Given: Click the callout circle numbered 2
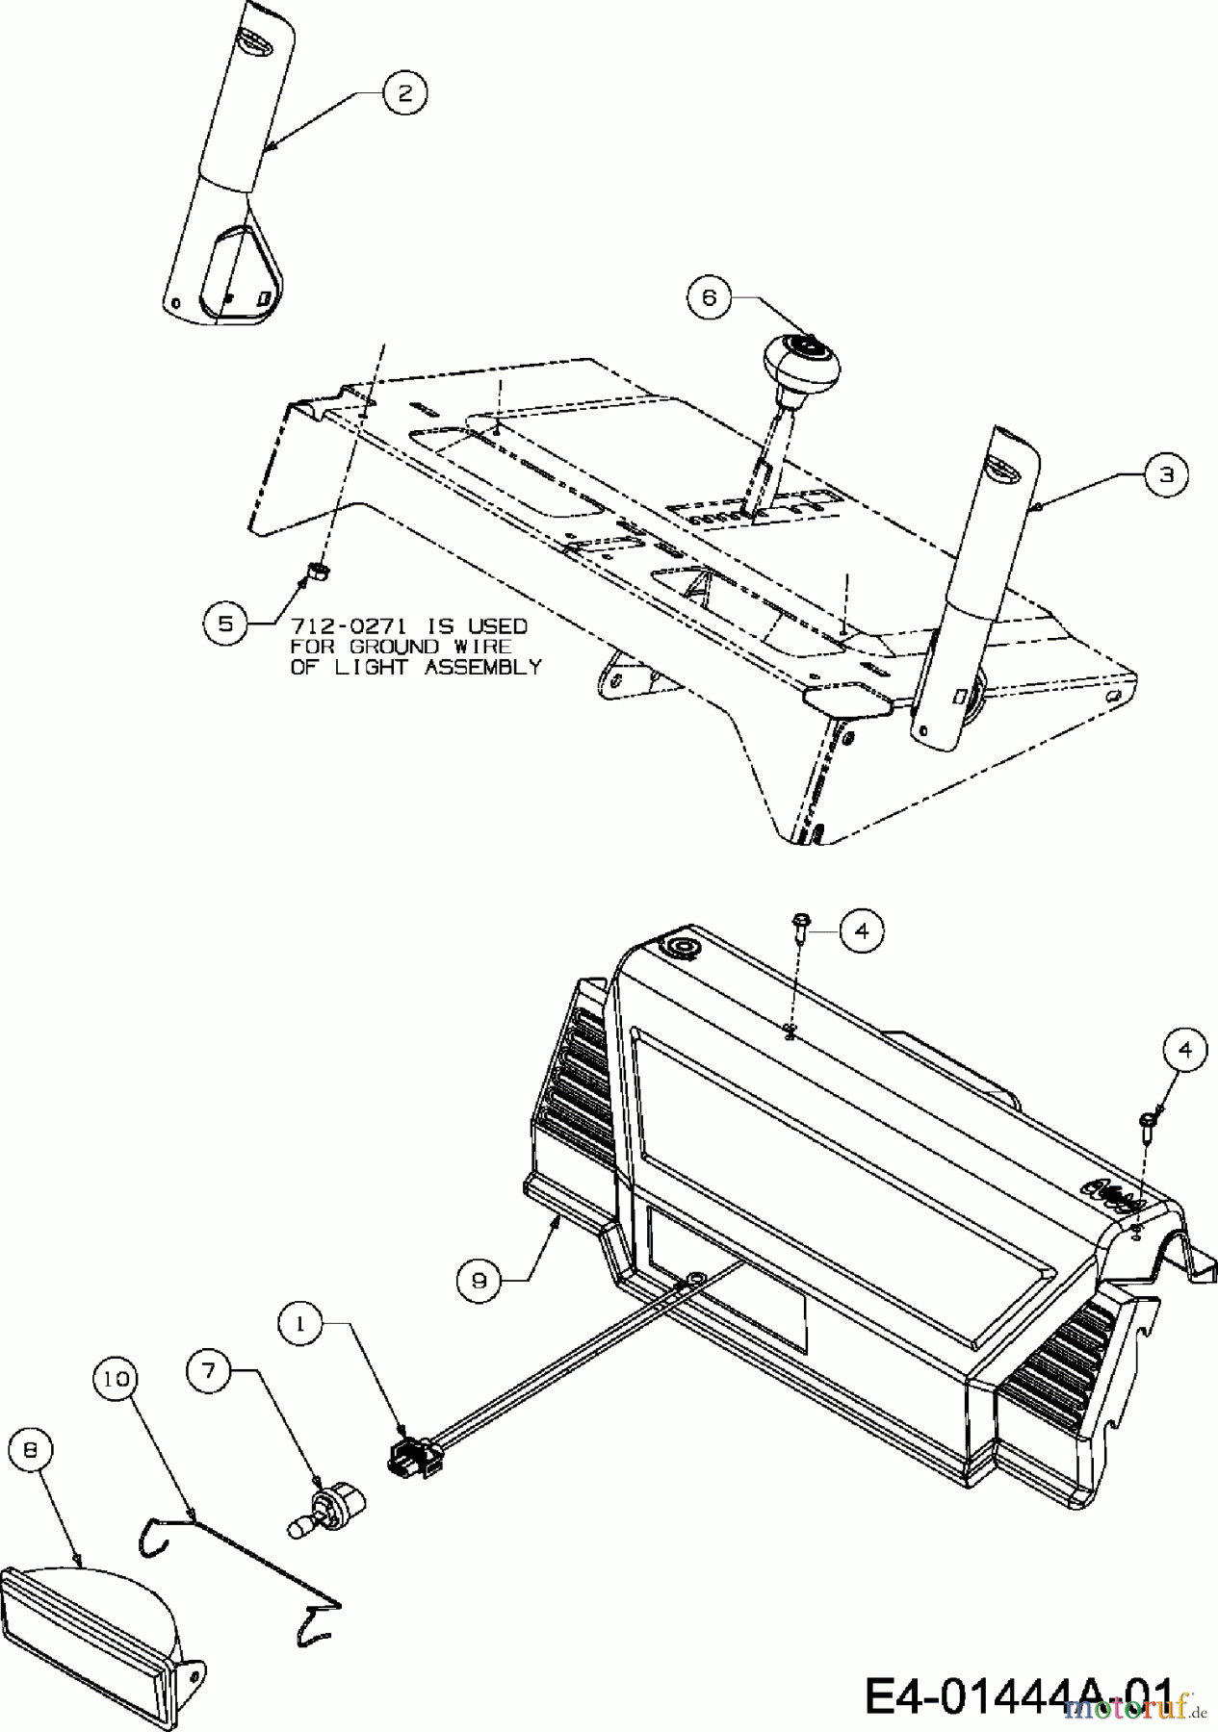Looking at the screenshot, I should (404, 92).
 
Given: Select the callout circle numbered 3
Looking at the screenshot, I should (1166, 474).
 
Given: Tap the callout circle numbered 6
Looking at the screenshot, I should (710, 297).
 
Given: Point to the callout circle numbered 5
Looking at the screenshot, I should (225, 623).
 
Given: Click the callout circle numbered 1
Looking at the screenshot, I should (301, 1324).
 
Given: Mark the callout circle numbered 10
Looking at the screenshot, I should (117, 1379).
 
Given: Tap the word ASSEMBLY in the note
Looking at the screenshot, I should (482, 667).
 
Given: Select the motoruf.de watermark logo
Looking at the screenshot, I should (1136, 1708).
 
